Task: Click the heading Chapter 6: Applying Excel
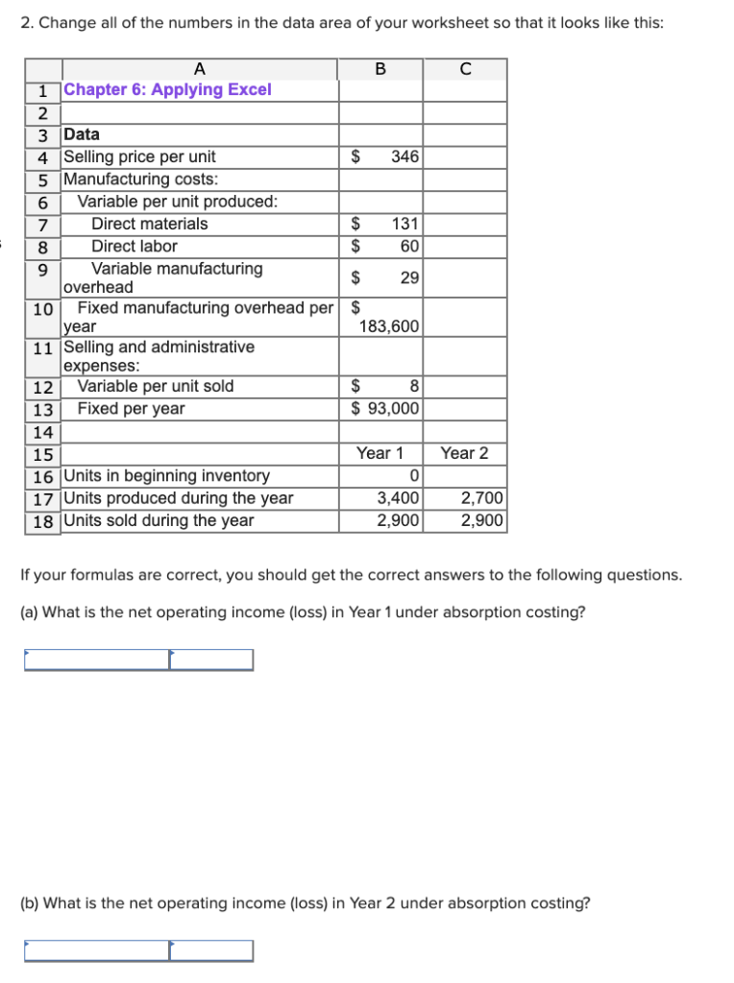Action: click(167, 89)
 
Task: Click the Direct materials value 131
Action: click(405, 224)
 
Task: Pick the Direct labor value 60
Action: click(409, 246)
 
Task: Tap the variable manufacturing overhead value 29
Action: click(409, 278)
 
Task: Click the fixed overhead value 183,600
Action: click(388, 326)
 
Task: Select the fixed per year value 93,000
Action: click(393, 408)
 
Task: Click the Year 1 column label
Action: click(379, 453)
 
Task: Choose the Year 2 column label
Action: click(464, 453)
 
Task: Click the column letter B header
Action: click(380, 68)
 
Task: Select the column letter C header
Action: click(465, 68)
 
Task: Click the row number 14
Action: click(42, 431)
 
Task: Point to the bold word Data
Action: click(81, 134)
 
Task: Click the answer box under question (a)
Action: click(138, 659)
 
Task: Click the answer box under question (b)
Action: click(138, 950)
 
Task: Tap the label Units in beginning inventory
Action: click(166, 476)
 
